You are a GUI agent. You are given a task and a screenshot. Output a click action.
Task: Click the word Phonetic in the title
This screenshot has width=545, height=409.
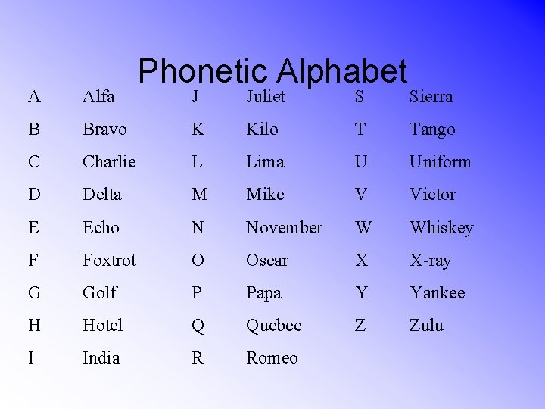coord(204,72)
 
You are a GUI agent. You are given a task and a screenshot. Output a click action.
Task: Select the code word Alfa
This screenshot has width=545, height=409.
coord(98,96)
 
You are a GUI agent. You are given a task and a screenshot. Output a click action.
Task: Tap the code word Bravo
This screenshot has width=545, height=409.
coord(104,130)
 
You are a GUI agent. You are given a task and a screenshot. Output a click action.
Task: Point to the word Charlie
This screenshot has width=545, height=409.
coord(109,162)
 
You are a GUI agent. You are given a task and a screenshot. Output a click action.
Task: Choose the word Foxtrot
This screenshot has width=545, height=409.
coord(109,260)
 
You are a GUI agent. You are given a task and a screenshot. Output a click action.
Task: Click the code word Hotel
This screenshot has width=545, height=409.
coord(102,325)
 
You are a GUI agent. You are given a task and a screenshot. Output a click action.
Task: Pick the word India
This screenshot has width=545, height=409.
coord(101,357)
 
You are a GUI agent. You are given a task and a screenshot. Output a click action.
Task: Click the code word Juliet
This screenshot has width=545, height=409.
coord(266,96)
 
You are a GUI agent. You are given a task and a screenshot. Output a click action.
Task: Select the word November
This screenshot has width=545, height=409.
coord(284,227)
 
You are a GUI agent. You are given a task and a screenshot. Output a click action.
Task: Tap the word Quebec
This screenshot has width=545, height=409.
coord(273,325)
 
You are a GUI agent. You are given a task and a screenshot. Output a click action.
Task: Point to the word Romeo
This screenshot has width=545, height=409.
coord(272,357)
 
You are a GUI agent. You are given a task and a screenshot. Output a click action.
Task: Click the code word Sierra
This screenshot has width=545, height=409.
coord(431,96)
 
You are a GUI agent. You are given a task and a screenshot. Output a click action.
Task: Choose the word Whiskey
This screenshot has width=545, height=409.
coord(441,227)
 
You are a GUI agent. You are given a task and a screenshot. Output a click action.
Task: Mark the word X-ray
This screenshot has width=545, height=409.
coord(430,260)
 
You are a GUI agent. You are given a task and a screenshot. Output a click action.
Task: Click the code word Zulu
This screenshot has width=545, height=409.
coord(426,325)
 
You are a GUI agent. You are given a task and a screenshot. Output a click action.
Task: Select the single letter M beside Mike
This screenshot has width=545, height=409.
coord(199,195)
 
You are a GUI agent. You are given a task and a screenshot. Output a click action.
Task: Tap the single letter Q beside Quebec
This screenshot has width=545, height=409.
coord(198,325)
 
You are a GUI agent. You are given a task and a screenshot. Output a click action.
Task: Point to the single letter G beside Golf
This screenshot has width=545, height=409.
coord(35,292)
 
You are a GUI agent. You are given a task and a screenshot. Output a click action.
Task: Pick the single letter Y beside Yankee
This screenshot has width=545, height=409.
coord(361,292)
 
